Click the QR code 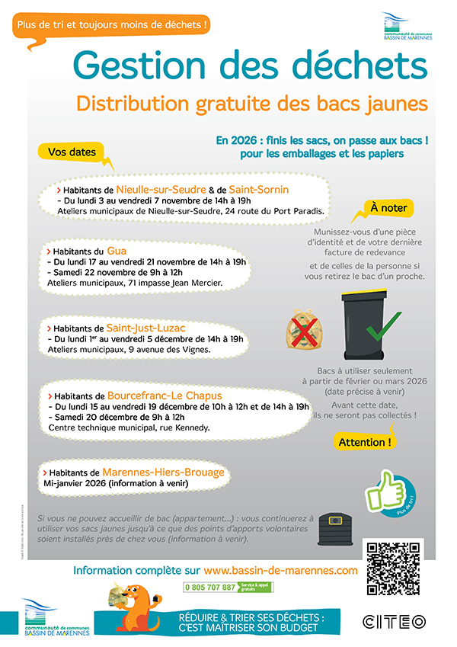click(x=393, y=568)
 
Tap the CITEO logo click(x=394, y=622)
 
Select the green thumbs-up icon click(x=385, y=492)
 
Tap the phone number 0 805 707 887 click(x=209, y=588)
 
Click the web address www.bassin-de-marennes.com click(x=280, y=570)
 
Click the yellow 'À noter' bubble click(x=388, y=208)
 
